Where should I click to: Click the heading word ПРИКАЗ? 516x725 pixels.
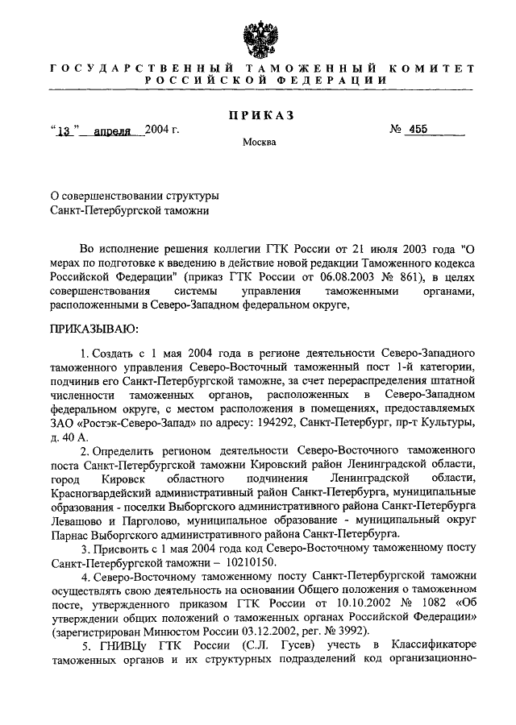[258, 115]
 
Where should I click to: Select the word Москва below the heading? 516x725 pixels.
[258, 143]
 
